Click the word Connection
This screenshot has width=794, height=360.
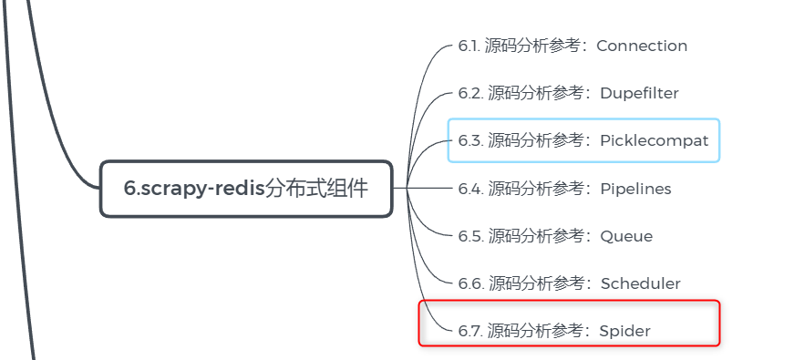pyautogui.click(x=642, y=46)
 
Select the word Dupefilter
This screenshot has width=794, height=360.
pyautogui.click(x=639, y=93)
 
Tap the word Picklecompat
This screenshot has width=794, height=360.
pyautogui.click(x=654, y=140)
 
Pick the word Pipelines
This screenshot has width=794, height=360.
pyautogui.click(x=635, y=189)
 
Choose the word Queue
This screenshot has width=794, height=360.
pyautogui.click(x=626, y=236)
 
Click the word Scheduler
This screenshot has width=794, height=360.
pyautogui.click(x=640, y=283)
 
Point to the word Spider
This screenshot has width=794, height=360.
pyautogui.click(x=624, y=331)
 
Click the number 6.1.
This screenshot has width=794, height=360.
pyautogui.click(x=469, y=46)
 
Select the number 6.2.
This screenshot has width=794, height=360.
pyautogui.click(x=470, y=93)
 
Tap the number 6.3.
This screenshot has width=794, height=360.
pyautogui.click(x=470, y=140)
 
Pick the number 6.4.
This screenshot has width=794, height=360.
pyautogui.click(x=470, y=189)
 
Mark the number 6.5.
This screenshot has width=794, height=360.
pyautogui.click(x=470, y=236)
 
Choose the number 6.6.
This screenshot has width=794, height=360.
pyautogui.click(x=470, y=283)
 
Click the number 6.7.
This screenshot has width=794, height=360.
pyautogui.click(x=470, y=331)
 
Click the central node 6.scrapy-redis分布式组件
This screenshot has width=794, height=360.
pyautogui.click(x=246, y=189)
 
